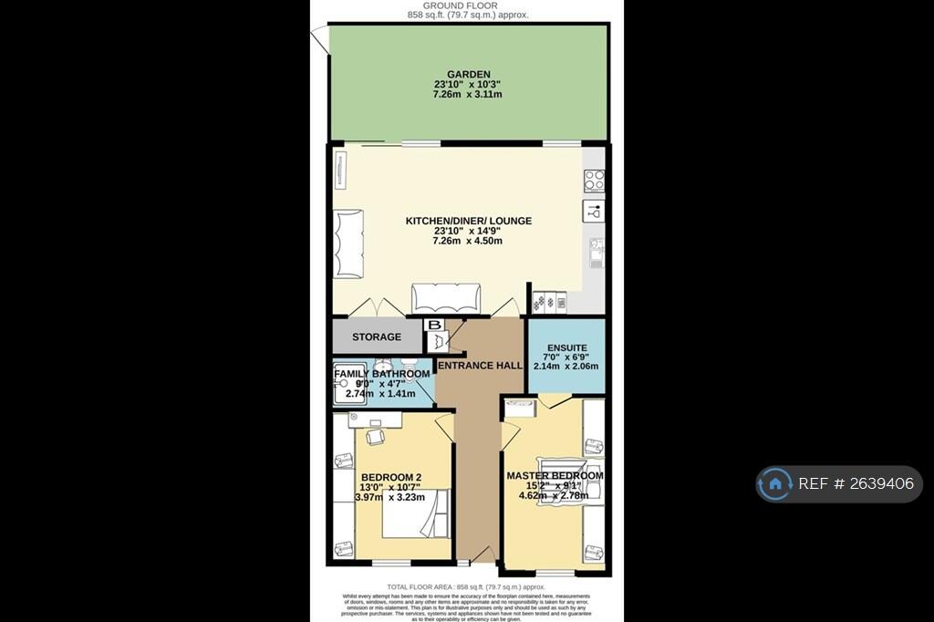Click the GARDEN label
tap(469, 75)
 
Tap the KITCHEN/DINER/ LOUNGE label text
tap(468, 221)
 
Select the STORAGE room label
tap(377, 337)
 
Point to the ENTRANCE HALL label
tap(481, 366)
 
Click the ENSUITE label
tap(566, 347)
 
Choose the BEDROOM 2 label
tap(390, 477)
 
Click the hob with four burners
tap(595, 180)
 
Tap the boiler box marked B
tap(434, 325)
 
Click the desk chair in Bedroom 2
tap(376, 437)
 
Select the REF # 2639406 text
tap(856, 483)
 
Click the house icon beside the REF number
tap(775, 483)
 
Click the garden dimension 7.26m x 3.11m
tap(469, 95)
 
